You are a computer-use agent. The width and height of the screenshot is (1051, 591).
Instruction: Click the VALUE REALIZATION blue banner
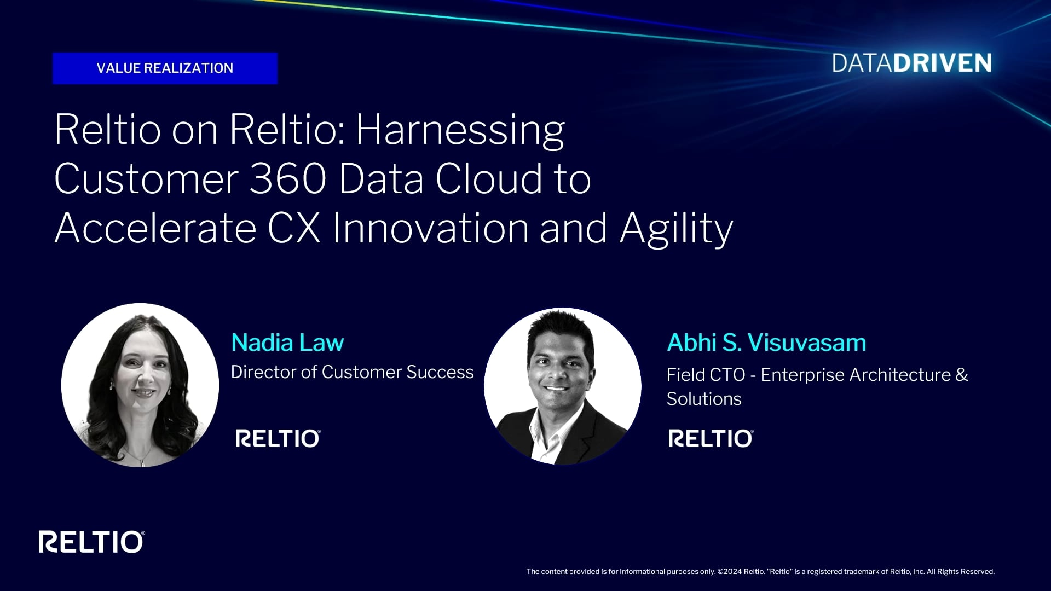coord(165,68)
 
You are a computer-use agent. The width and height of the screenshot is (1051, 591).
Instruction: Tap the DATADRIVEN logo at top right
coord(911,63)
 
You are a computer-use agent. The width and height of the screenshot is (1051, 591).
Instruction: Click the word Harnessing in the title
coord(460,130)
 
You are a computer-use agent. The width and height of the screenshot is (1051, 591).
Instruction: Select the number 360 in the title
coord(288,179)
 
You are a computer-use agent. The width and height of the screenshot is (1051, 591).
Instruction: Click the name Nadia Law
coord(287,343)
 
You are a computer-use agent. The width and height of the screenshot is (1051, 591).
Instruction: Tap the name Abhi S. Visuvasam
coord(766,343)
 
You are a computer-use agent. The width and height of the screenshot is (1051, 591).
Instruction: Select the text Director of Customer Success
coord(352,372)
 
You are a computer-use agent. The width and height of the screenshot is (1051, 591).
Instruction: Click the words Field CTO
coord(706,375)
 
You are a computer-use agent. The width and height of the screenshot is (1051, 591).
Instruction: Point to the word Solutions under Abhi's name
coord(704,399)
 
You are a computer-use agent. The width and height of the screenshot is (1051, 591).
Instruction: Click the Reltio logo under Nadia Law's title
coord(278,438)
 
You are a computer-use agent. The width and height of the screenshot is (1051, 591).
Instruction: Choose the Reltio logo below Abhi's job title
coord(711,438)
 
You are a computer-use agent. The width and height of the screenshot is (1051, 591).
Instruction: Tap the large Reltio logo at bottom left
coord(91,542)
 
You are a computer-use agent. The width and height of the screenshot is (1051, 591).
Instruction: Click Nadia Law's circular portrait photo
coord(140,385)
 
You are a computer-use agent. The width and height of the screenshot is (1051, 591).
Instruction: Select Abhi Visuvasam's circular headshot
coord(562,386)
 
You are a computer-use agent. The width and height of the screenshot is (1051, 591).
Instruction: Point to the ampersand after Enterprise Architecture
coord(962,375)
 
